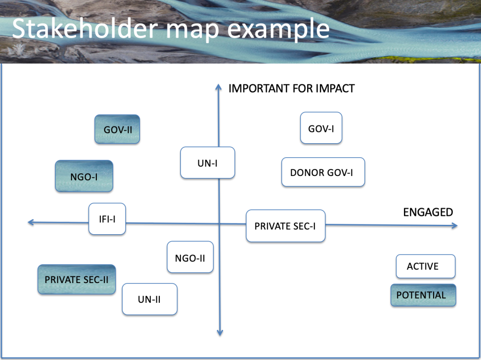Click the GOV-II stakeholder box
click(117, 129)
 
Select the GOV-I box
click(321, 128)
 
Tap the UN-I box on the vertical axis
click(208, 163)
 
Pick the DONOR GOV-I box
click(323, 172)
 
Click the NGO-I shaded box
click(84, 176)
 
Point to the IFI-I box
click(107, 219)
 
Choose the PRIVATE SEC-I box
click(286, 226)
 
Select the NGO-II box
click(190, 257)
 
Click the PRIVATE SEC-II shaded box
click(77, 279)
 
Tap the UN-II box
click(149, 299)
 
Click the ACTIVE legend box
click(426, 266)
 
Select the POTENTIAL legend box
click(423, 295)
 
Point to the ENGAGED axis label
click(428, 212)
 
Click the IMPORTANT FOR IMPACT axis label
click(291, 88)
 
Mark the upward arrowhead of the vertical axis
click(218, 86)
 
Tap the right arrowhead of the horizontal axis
click(454, 226)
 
